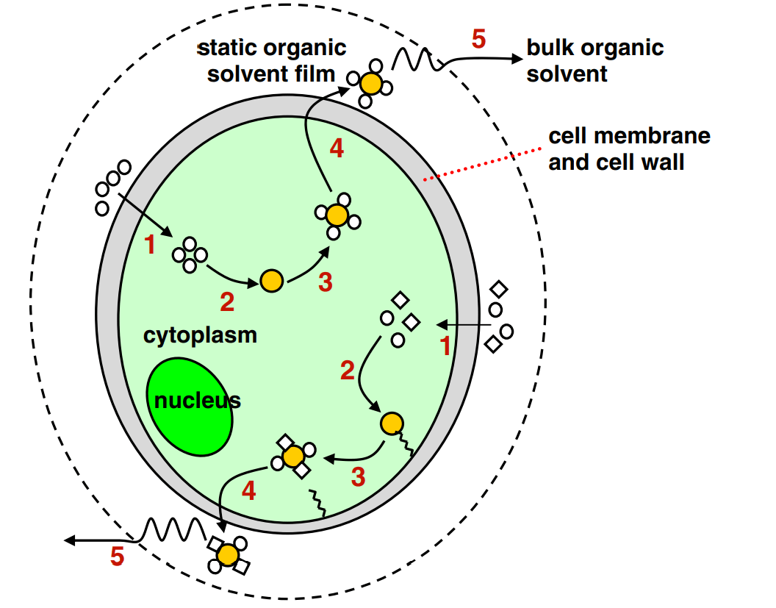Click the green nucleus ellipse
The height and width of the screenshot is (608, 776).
(190, 407)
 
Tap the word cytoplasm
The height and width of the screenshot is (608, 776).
(200, 335)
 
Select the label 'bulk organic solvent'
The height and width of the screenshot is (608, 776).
(594, 61)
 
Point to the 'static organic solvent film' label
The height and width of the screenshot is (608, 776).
(272, 61)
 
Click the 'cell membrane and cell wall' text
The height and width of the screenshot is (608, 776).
(629, 149)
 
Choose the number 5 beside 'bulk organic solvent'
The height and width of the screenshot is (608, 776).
(478, 39)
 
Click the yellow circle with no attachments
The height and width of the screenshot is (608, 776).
(271, 281)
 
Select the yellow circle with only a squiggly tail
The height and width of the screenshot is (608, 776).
(392, 423)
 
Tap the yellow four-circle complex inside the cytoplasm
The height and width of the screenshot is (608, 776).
(336, 215)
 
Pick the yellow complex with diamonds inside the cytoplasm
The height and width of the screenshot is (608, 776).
(293, 457)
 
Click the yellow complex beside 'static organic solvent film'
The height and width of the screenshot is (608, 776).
(372, 84)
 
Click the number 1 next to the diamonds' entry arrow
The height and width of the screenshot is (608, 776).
(445, 345)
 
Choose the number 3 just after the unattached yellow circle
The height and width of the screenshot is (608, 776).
(325, 282)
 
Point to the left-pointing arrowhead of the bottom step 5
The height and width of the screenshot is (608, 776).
(69, 540)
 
